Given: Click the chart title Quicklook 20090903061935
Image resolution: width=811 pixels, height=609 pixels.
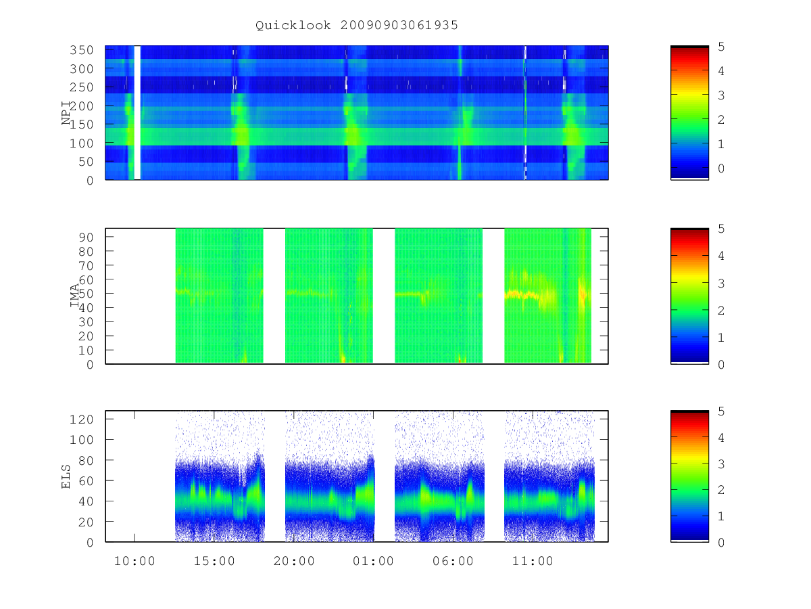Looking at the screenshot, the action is [357, 25].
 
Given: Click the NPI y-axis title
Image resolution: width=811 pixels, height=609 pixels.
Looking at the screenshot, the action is [66, 113].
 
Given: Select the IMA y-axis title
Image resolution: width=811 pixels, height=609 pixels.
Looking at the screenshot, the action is [74, 296].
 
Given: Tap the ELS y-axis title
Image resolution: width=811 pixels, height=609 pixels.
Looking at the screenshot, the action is [66, 476].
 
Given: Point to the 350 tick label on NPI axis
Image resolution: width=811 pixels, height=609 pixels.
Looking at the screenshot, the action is [82, 50].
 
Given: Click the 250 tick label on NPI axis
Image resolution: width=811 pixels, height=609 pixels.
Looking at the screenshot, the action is [82, 87].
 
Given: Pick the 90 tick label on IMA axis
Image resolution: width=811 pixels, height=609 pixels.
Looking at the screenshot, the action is [86, 238].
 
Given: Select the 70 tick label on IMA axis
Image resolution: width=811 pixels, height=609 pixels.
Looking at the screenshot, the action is [86, 265].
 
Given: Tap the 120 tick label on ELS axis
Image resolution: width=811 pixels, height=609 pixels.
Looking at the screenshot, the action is [82, 420].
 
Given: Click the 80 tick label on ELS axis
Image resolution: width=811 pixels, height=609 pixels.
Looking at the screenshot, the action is [86, 460].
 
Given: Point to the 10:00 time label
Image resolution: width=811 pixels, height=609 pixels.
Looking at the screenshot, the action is [134, 562].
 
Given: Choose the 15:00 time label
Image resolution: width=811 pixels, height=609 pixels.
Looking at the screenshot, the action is [214, 562].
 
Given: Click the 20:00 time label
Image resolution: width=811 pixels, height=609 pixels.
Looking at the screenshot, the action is [294, 562].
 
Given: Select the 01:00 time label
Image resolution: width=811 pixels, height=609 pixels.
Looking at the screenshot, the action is [373, 562].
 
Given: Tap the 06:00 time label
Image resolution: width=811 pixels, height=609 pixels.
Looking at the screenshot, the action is [453, 562].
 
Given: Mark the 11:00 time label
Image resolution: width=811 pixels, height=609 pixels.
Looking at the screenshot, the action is [533, 562].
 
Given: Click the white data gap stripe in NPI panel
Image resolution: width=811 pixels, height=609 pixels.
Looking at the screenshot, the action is [137, 113].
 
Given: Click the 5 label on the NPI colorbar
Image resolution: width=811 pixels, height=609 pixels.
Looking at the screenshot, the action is [721, 47].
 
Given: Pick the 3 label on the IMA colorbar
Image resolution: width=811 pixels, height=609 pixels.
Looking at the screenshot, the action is [721, 284].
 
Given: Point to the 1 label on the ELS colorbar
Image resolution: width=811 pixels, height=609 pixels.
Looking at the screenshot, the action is [721, 516].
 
